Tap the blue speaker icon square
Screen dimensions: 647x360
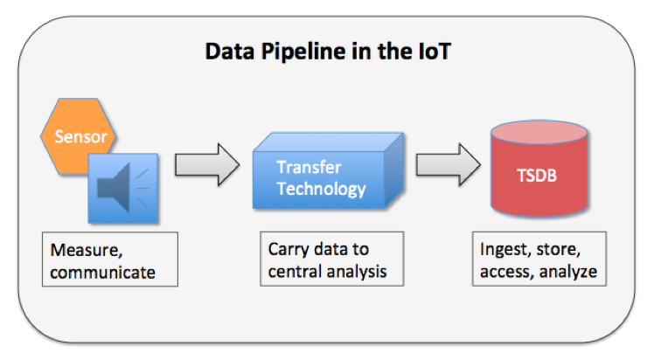(123, 189)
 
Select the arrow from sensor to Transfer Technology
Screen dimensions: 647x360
(207, 164)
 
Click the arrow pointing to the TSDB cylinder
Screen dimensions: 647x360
(449, 164)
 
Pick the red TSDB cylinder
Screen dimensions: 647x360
(539, 169)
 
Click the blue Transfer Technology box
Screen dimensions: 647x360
(328, 170)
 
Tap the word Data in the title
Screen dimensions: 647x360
(229, 52)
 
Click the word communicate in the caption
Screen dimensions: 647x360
(103, 273)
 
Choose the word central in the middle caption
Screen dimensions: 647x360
(295, 272)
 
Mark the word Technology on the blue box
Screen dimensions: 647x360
(322, 190)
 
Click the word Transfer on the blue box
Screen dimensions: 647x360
(309, 168)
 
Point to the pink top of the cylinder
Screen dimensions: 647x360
(539, 132)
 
